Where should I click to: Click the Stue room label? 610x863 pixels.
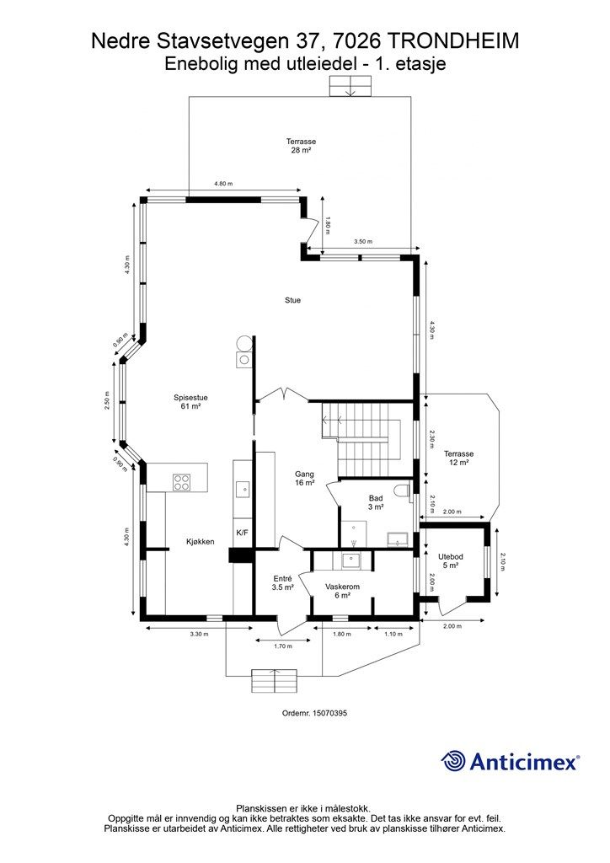pyautogui.click(x=292, y=301)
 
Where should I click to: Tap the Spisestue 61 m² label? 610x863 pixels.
pyautogui.click(x=190, y=402)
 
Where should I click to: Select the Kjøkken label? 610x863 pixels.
pyautogui.click(x=201, y=542)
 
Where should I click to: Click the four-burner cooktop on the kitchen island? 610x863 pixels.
pyautogui.click(x=181, y=482)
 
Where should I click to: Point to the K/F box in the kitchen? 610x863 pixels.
pyautogui.click(x=242, y=533)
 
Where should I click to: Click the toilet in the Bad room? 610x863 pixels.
pyautogui.click(x=404, y=491)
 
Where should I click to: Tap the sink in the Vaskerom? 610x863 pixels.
pyautogui.click(x=350, y=560)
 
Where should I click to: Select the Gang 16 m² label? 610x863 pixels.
pyautogui.click(x=304, y=479)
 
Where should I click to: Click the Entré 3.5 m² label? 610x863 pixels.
pyautogui.click(x=283, y=583)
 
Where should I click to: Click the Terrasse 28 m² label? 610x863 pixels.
pyautogui.click(x=301, y=145)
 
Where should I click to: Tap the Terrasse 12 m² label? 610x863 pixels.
pyautogui.click(x=458, y=458)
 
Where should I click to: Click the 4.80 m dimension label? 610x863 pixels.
pyautogui.click(x=222, y=184)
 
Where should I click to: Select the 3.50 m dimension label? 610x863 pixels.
pyautogui.click(x=363, y=242)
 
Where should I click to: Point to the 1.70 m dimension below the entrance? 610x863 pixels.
pyautogui.click(x=283, y=646)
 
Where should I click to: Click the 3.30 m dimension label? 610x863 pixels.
pyautogui.click(x=199, y=634)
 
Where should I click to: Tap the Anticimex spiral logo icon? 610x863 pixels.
pyautogui.click(x=452, y=761)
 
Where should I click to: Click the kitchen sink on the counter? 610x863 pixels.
pyautogui.click(x=242, y=488)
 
